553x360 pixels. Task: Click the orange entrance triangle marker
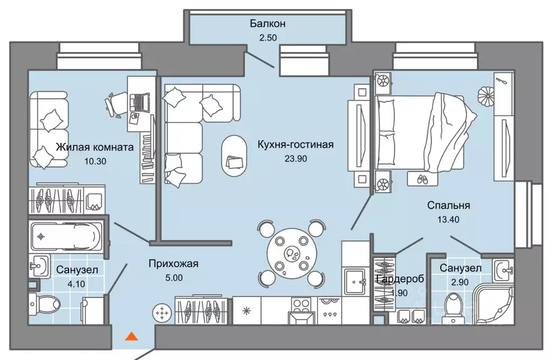pyautogui.click(x=132, y=336)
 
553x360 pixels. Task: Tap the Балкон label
pyautogui.click(x=268, y=24)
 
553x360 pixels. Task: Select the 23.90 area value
pyautogui.click(x=295, y=159)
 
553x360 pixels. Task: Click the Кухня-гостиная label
pyautogui.click(x=295, y=144)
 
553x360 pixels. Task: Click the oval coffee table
pyautogui.click(x=234, y=156)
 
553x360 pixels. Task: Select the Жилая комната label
pyautogui.click(x=95, y=147)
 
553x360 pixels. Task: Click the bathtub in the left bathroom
pyautogui.click(x=67, y=236)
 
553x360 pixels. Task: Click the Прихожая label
pyautogui.click(x=173, y=263)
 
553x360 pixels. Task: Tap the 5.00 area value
pyautogui.click(x=174, y=277)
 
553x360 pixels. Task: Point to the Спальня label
pyautogui.click(x=448, y=205)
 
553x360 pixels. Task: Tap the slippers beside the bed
pyautogui.click(x=422, y=179)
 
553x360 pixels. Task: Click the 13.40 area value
pyautogui.click(x=448, y=219)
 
